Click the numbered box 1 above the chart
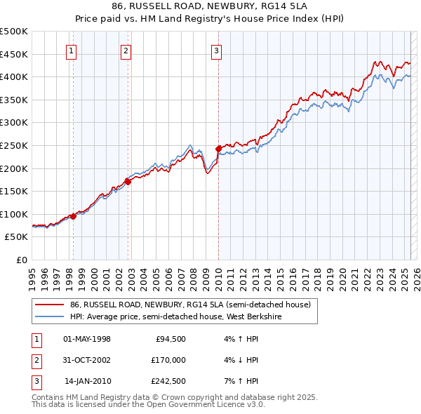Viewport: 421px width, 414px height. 73,51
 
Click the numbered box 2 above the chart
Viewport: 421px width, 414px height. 126,51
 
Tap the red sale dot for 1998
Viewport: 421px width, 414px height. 73,216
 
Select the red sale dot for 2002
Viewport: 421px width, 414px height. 128,182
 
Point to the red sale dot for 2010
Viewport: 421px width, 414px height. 218,149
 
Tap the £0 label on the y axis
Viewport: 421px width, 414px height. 22,260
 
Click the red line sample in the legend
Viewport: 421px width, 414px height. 49,305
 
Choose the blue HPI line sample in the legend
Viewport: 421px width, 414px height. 49,316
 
